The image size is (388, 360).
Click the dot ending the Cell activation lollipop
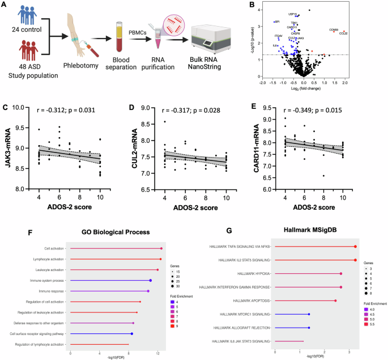(x=161, y=248)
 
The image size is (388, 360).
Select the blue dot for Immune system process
(x=151, y=280)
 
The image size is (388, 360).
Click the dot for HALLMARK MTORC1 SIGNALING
(x=309, y=314)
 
